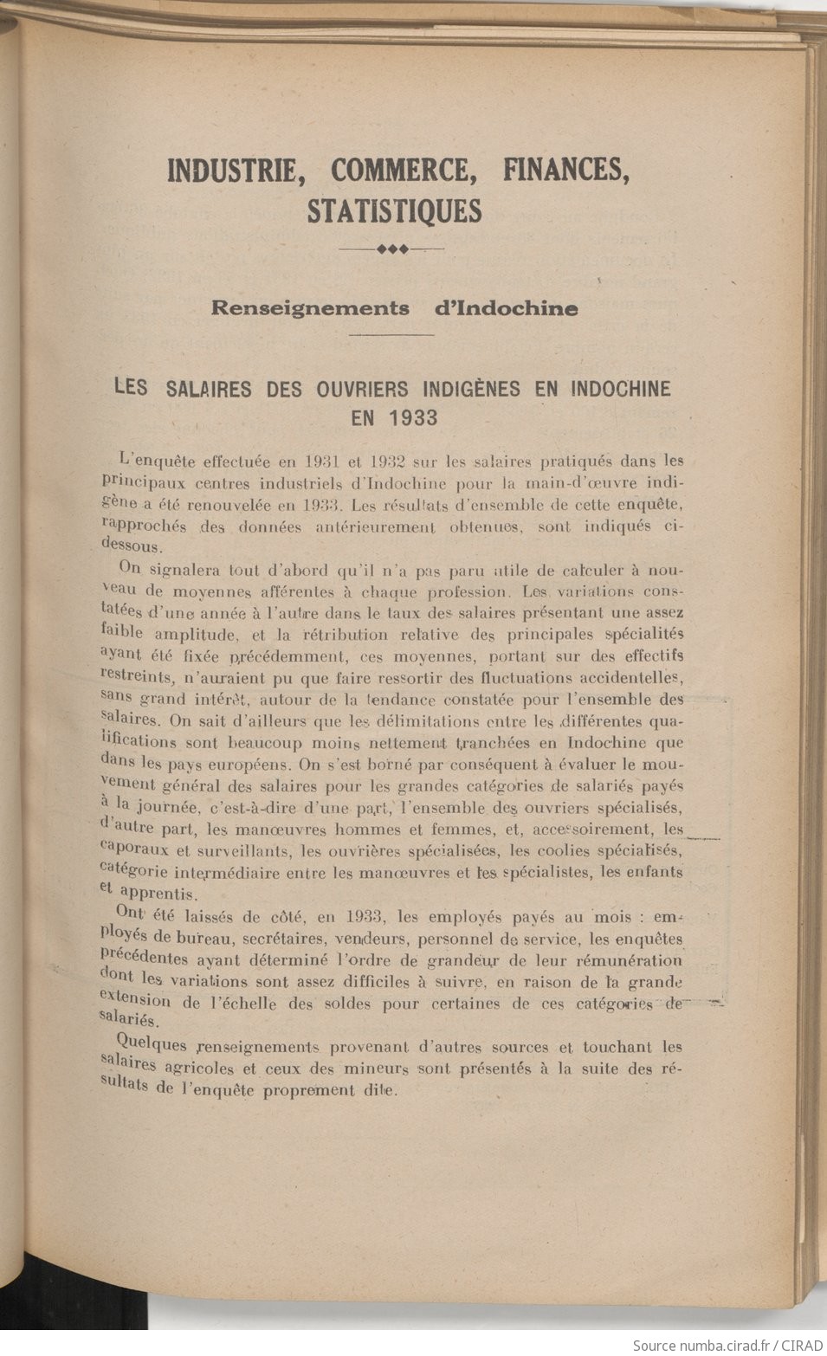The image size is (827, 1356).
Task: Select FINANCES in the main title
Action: (x=565, y=170)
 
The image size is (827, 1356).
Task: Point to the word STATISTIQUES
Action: (x=394, y=211)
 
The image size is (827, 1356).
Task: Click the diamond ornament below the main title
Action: (x=392, y=249)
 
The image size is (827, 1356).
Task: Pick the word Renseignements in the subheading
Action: (x=310, y=308)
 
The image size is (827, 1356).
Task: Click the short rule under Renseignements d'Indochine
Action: (x=391, y=334)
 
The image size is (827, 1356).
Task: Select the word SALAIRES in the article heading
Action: (x=208, y=389)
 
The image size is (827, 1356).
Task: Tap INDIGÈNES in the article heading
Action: (x=475, y=389)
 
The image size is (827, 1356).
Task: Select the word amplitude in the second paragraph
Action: (x=196, y=634)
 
